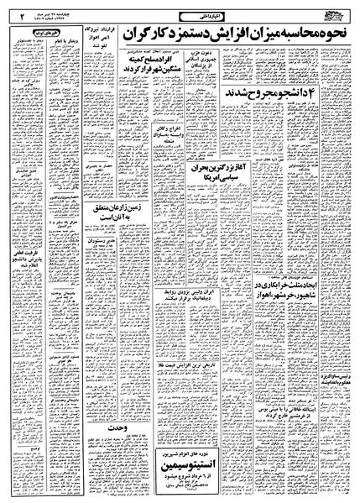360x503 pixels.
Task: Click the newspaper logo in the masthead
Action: (335, 12)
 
